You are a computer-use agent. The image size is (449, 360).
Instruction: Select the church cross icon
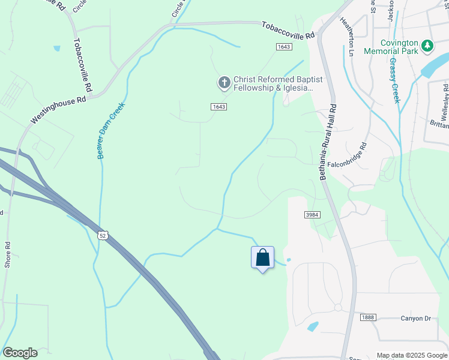[x=224, y=82]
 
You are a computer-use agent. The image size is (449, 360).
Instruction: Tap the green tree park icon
[x=427, y=46]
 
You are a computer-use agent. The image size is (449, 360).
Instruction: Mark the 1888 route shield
[x=368, y=317]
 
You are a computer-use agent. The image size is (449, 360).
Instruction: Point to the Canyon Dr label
[x=416, y=318]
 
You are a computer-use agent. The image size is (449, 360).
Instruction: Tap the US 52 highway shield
[x=103, y=236]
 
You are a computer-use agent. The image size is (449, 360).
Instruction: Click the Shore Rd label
[x=8, y=254]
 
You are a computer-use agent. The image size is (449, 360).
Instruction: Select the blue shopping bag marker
[x=262, y=258]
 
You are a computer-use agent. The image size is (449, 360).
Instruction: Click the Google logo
[x=20, y=353]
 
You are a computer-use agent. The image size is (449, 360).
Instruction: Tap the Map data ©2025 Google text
[x=411, y=355]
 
